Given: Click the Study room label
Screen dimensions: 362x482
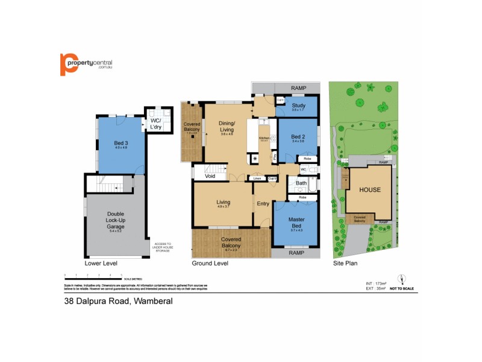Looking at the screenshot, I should click(299, 107).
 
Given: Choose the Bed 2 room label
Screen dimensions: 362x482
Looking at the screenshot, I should click(298, 137).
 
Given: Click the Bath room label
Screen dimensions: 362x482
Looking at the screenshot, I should click(301, 183).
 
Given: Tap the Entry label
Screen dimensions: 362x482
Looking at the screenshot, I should click(263, 203).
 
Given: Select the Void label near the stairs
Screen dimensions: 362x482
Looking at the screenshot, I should click(210, 177).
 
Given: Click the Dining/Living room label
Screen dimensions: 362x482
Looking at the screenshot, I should click(226, 126).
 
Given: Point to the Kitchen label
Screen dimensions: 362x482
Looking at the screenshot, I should click(264, 138).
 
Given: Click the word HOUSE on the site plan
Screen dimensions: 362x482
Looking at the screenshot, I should click(370, 189).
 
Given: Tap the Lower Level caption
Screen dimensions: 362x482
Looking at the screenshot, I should click(101, 264).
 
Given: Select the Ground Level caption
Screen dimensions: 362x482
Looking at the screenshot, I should click(210, 264).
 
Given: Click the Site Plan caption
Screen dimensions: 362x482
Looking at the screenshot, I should click(347, 264).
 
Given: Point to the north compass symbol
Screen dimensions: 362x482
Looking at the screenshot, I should click(402, 279).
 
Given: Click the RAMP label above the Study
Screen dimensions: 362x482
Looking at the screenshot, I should click(298, 88).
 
